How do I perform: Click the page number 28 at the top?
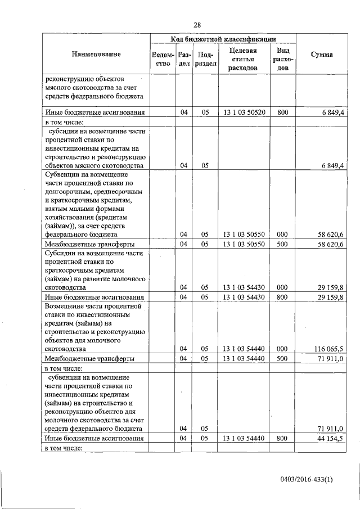(197, 24)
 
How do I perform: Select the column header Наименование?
(96, 55)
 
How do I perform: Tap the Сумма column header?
(321, 55)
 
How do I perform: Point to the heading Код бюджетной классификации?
(223, 39)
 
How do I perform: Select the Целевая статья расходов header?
(243, 59)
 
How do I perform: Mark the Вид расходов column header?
(282, 59)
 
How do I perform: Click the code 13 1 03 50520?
(243, 112)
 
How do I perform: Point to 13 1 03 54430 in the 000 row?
(243, 287)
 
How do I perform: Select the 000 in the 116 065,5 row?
(282, 349)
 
